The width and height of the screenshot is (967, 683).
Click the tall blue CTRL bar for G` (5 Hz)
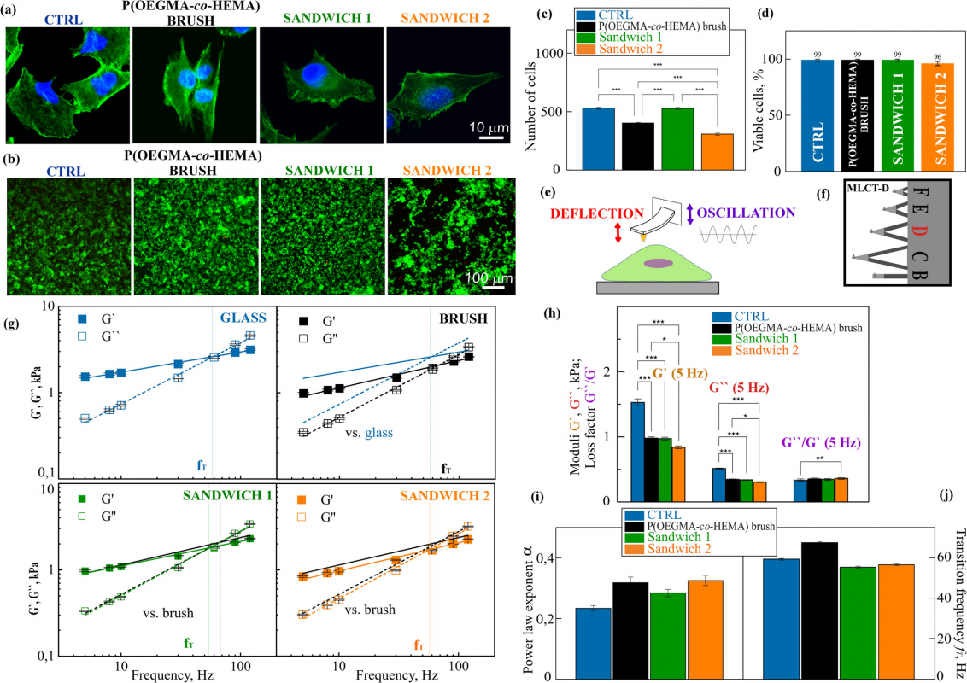[x=636, y=451]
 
